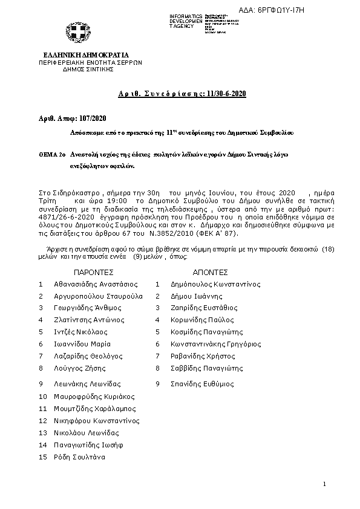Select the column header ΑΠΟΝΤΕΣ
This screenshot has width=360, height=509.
click(x=209, y=272)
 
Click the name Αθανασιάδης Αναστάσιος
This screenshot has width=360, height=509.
click(x=96, y=284)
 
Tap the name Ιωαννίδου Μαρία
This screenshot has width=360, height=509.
click(x=83, y=343)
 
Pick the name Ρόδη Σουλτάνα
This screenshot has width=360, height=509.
click(x=80, y=457)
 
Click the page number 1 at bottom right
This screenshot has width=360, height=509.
click(x=324, y=484)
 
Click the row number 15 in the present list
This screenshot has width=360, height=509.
click(x=42, y=457)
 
